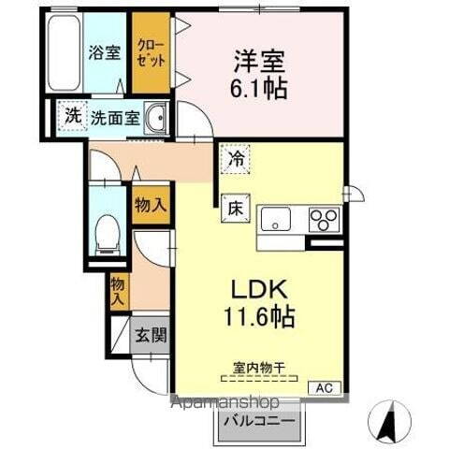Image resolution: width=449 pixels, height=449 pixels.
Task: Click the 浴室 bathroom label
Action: click(x=103, y=52)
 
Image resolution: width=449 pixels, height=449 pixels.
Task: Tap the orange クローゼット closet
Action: click(x=151, y=52)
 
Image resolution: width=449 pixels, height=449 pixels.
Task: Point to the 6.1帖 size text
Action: click(x=254, y=89)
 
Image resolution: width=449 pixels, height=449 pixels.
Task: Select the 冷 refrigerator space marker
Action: click(x=237, y=160)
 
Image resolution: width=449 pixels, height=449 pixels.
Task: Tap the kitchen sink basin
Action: click(x=276, y=221)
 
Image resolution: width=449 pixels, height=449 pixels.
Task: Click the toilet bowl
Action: click(x=108, y=232)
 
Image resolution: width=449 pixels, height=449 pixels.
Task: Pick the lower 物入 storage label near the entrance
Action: click(x=119, y=291)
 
